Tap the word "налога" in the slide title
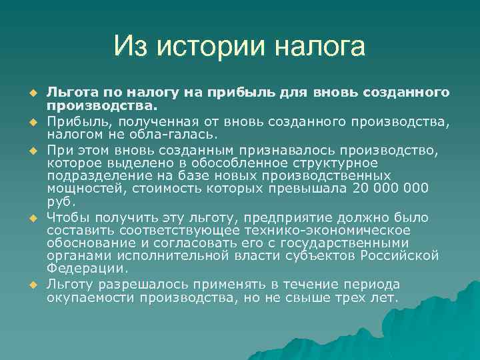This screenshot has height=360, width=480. tap(319, 47)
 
